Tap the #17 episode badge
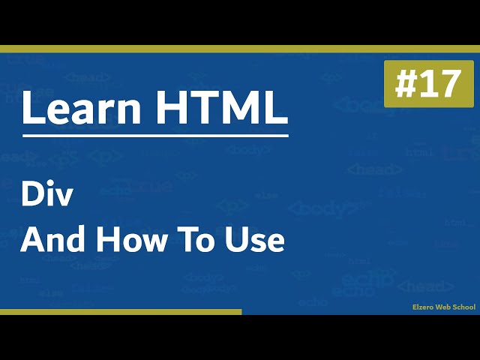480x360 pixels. pos(428,85)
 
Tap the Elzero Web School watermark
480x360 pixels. pos(444,307)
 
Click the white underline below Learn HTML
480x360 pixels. pos(155,136)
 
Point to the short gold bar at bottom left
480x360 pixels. pos(120,311)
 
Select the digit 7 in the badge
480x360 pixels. pos(449,85)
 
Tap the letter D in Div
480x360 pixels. pos(31,196)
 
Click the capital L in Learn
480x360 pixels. pos(32,109)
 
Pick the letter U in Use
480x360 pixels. pos(241,240)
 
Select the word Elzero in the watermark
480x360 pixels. pos(424,307)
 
